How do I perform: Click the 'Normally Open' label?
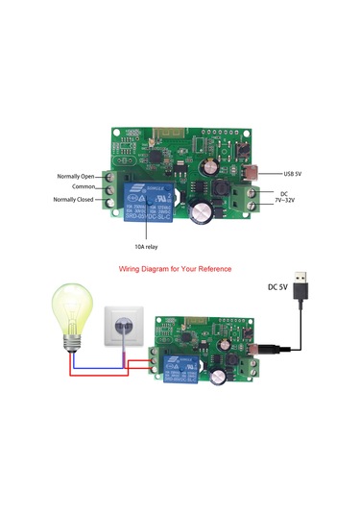click(75, 176)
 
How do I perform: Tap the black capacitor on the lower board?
click(223, 373)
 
